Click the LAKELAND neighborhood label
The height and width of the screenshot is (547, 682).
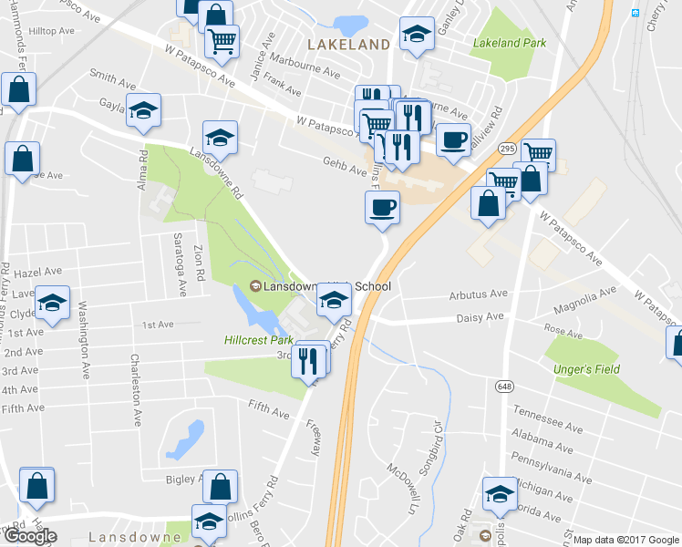(x=349, y=44)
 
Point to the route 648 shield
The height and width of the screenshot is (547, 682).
(x=504, y=387)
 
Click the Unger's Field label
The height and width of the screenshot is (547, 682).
(x=586, y=369)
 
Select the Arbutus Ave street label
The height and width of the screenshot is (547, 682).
(x=478, y=294)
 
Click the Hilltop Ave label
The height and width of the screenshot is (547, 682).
(x=51, y=31)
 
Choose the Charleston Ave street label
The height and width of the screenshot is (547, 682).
(x=137, y=390)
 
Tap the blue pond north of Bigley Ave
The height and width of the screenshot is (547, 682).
(x=184, y=441)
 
